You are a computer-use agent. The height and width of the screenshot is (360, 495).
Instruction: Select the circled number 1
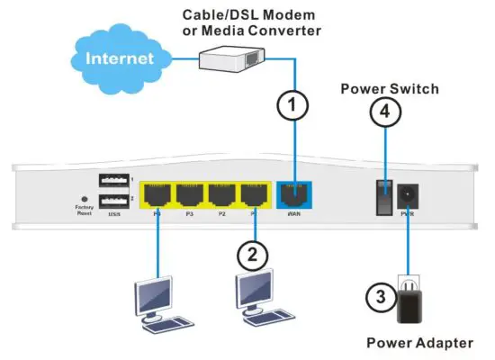(292, 104)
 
